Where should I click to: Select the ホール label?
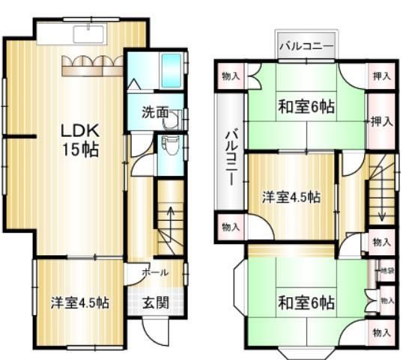tap(154, 273)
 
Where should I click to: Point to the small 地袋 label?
tap(387, 270)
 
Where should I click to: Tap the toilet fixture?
tap(169, 145)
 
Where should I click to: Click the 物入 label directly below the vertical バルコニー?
tap(231, 226)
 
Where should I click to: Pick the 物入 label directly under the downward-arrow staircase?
tap(381, 242)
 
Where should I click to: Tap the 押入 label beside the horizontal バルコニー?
tap(381, 76)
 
